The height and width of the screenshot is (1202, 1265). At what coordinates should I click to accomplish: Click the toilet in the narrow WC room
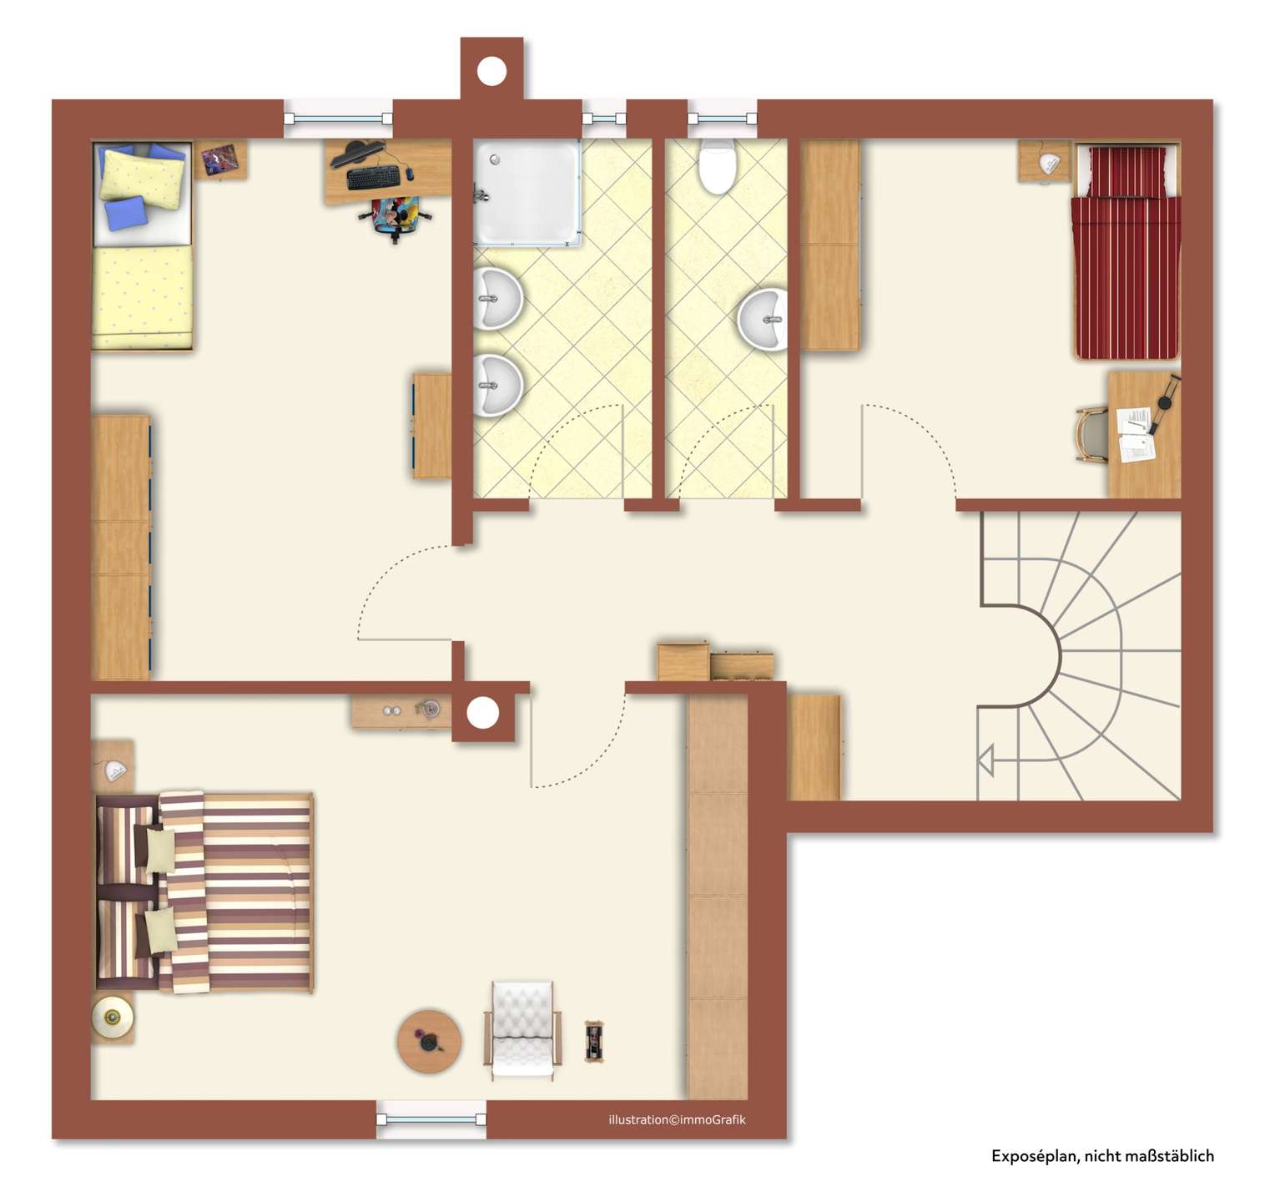pyautogui.click(x=717, y=166)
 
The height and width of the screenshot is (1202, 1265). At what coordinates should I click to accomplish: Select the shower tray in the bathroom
pyautogui.click(x=527, y=193)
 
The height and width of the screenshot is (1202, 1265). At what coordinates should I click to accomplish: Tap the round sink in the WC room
pyautogui.click(x=763, y=319)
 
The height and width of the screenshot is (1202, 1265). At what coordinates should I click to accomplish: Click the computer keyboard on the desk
pyautogui.click(x=374, y=177)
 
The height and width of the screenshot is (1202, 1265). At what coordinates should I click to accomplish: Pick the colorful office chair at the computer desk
pyautogui.click(x=396, y=217)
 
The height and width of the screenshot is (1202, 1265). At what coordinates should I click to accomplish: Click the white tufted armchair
pyautogui.click(x=522, y=1030)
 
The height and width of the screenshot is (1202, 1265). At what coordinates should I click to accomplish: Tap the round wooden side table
pyautogui.click(x=428, y=1042)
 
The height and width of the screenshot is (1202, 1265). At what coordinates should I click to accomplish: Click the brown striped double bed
pyautogui.click(x=204, y=892)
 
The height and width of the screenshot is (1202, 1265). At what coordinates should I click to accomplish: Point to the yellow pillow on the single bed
pyautogui.click(x=143, y=176)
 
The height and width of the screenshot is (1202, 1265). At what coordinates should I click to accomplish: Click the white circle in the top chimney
pyautogui.click(x=491, y=70)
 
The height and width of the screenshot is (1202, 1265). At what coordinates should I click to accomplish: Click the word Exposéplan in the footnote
pyautogui.click(x=1033, y=1156)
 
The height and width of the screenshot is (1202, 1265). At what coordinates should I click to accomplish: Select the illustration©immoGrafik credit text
pyautogui.click(x=677, y=1119)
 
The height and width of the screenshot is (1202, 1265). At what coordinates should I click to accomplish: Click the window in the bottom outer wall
pyautogui.click(x=431, y=1119)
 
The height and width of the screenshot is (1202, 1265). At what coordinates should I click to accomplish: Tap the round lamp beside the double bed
pyautogui.click(x=112, y=1017)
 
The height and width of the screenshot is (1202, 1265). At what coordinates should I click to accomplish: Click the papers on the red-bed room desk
pyautogui.click(x=1135, y=434)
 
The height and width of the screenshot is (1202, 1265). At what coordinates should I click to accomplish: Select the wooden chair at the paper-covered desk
pyautogui.click(x=1091, y=434)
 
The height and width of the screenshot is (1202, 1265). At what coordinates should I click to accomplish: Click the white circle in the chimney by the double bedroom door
pyautogui.click(x=482, y=714)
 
